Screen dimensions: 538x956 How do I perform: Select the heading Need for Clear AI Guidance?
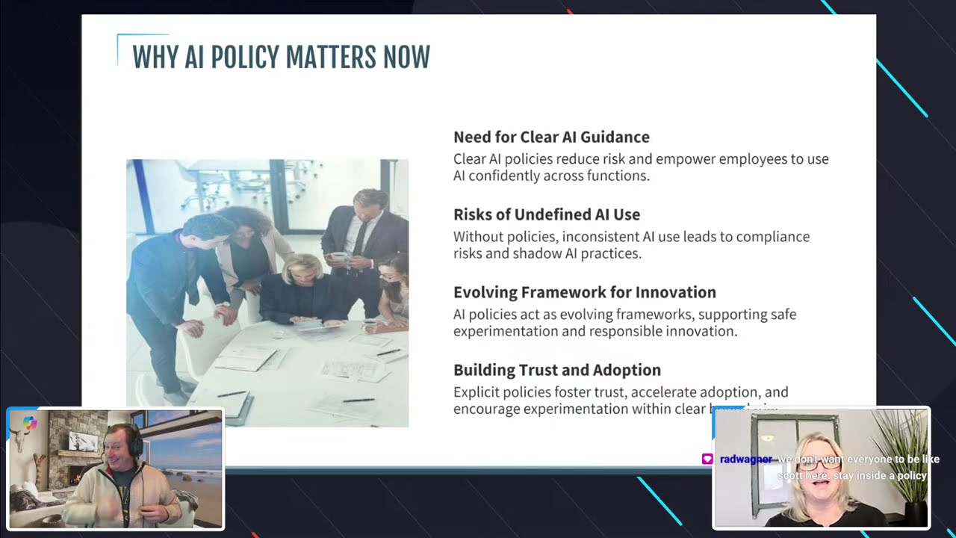coord(551,137)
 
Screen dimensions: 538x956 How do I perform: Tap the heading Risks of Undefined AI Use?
coord(547,214)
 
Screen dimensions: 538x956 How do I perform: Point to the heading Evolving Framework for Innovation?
coord(584,292)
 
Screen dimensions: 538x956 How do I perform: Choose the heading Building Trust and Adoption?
coord(556,370)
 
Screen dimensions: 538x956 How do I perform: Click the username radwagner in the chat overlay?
coord(745,460)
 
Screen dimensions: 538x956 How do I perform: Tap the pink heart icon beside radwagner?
coord(707,460)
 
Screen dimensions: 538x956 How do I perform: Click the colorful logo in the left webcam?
coord(30,423)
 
